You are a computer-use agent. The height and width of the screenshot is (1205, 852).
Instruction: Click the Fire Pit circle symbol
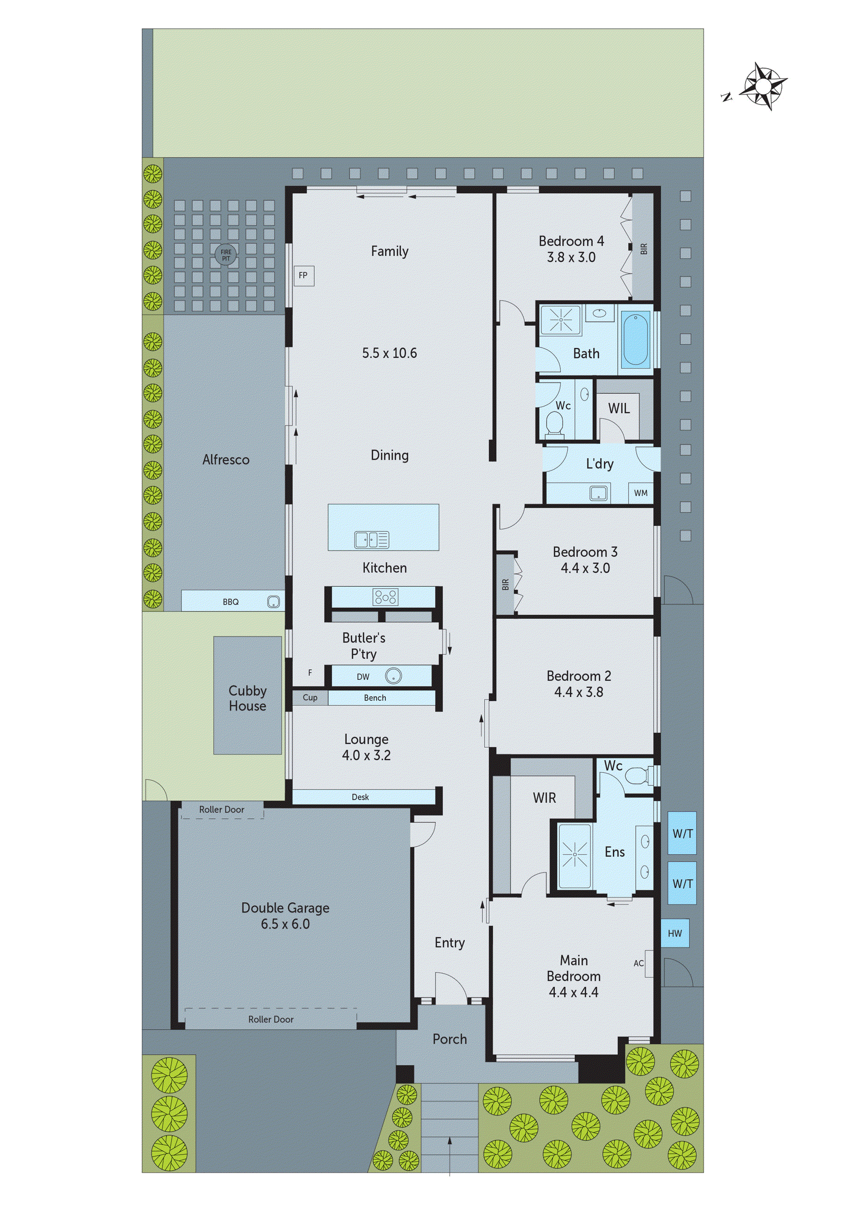225,255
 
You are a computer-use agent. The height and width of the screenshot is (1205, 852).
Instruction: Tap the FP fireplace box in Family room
303,275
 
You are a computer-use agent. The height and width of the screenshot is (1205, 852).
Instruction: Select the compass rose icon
764,86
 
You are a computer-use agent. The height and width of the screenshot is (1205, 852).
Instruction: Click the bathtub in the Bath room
635,338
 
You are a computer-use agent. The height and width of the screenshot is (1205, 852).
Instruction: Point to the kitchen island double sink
371,540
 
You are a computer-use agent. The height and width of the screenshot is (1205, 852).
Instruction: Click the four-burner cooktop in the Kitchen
385,597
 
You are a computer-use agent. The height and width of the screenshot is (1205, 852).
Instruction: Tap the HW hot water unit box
674,933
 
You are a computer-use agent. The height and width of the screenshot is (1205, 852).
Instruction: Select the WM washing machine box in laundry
640,493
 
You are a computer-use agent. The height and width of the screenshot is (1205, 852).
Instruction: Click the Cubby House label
247,698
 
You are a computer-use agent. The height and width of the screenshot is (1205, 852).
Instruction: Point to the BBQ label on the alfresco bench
231,602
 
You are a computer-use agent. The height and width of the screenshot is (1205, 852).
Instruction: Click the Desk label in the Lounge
360,797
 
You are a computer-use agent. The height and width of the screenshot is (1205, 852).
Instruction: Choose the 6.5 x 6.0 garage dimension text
285,924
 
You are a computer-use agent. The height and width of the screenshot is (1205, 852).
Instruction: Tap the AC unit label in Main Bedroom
639,963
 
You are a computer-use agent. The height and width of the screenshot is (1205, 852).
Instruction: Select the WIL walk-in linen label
619,408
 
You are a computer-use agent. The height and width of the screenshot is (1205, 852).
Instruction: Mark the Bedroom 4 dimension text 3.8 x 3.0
571,257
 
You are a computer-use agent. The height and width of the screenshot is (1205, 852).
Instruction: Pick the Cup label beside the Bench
310,698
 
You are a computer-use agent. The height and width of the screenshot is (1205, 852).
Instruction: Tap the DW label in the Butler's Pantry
363,676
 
